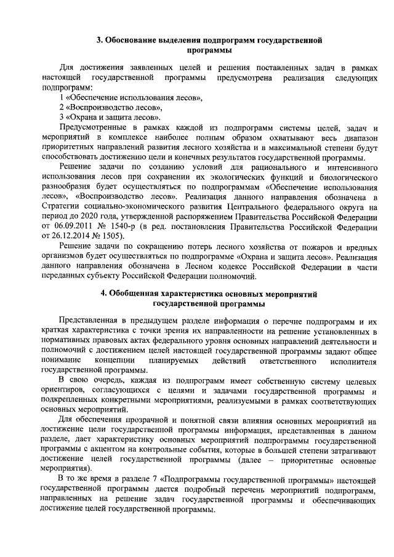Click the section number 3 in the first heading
coord(100,41)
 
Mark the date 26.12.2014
coord(74,236)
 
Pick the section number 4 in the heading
coord(104,293)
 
